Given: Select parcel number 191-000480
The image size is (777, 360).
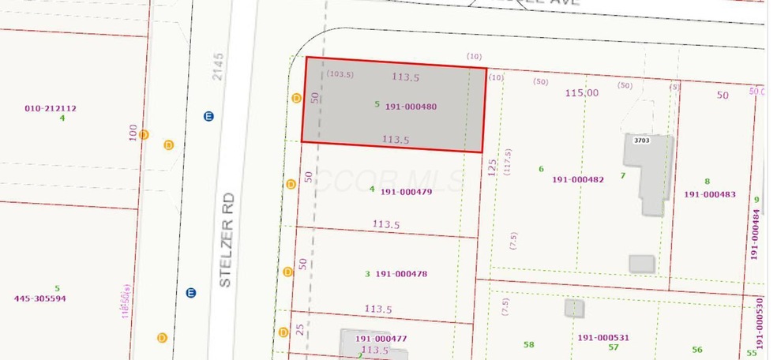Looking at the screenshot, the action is (411, 107).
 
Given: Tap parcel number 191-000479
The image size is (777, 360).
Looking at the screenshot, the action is (406, 191).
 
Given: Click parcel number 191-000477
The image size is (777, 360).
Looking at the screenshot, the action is (381, 339).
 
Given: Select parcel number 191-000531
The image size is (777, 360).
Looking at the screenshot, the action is (603, 338).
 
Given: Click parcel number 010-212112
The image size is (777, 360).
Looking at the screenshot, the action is (50, 108).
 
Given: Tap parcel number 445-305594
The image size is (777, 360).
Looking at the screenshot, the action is (40, 298).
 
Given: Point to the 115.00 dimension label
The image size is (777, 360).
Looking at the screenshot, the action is (581, 93).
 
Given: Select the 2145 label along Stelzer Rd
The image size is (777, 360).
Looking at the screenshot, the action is (219, 66).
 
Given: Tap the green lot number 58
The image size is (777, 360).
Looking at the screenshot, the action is (528, 344).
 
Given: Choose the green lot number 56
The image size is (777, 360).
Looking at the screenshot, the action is (696, 350).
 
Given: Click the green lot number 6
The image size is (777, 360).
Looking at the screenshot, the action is (541, 169).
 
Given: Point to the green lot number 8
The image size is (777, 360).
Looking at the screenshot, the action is (707, 182).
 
